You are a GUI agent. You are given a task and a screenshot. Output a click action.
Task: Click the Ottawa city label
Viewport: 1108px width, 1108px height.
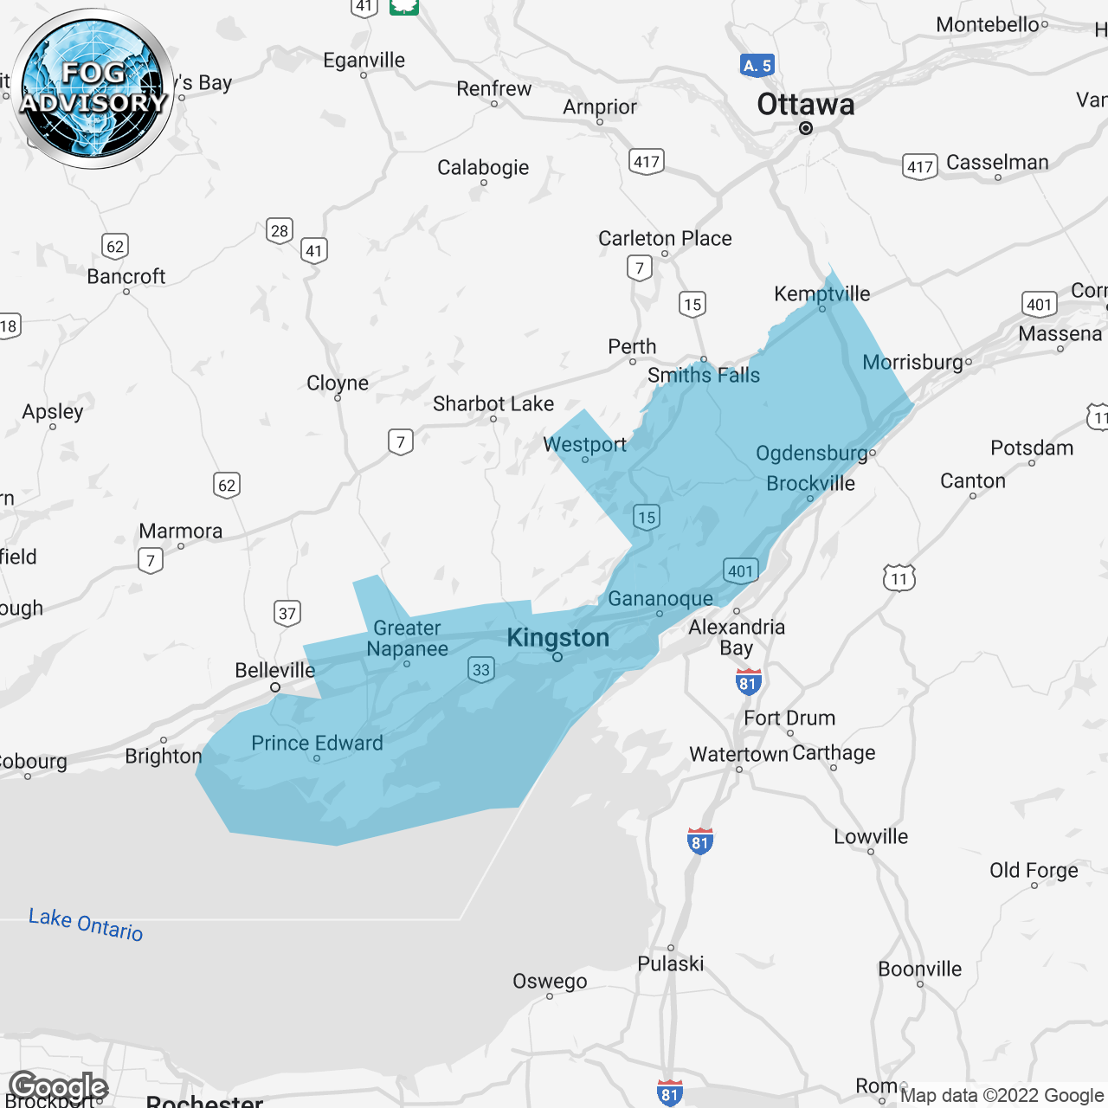(x=805, y=105)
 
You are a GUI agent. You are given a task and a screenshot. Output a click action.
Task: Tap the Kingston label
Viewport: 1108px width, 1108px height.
(x=557, y=638)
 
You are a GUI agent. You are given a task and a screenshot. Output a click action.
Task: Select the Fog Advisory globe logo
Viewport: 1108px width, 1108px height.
(x=93, y=88)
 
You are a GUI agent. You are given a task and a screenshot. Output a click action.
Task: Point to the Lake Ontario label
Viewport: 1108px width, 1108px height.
(x=86, y=924)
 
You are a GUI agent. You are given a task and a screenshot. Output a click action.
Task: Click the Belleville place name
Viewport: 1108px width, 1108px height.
(x=274, y=671)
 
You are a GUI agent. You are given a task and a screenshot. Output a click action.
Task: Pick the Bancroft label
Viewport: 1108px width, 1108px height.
(x=126, y=277)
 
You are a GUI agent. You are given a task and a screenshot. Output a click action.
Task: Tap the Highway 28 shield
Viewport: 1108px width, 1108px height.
(x=279, y=231)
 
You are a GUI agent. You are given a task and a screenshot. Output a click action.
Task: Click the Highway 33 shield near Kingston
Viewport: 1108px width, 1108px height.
(x=481, y=669)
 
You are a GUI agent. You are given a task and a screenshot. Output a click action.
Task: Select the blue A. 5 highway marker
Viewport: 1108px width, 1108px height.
(x=757, y=66)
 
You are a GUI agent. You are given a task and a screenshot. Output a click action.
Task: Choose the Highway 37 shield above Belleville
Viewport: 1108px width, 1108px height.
(x=287, y=614)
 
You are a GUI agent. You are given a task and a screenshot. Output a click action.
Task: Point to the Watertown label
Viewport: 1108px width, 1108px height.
(x=738, y=755)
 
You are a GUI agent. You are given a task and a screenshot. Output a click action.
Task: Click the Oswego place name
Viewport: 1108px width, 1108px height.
(x=550, y=982)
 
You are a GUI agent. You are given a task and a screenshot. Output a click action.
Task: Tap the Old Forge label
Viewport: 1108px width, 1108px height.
(x=1034, y=870)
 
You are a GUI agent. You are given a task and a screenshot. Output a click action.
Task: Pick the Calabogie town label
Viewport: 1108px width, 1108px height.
(x=483, y=168)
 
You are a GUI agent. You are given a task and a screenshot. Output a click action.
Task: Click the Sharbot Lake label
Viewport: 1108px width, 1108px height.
(x=493, y=404)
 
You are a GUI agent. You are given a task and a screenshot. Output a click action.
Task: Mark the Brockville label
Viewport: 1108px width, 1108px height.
(x=810, y=484)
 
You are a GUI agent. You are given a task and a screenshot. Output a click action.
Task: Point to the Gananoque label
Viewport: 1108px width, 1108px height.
(x=660, y=599)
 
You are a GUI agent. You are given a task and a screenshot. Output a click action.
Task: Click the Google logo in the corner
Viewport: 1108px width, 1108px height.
(x=59, y=1087)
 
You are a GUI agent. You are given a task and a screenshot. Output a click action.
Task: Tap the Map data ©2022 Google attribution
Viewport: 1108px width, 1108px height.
(x=1002, y=1096)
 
